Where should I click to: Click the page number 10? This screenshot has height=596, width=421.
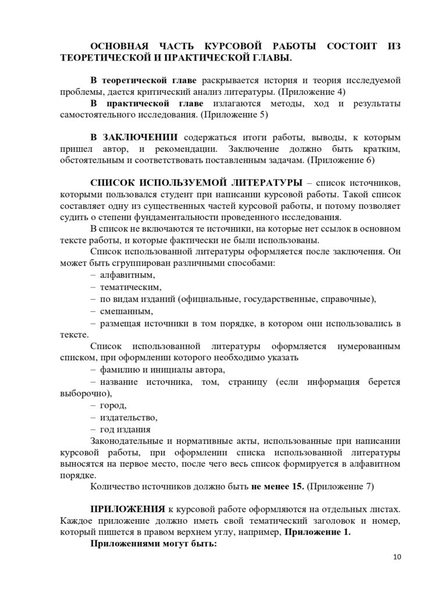(397, 557)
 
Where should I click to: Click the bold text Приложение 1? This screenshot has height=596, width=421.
(317, 532)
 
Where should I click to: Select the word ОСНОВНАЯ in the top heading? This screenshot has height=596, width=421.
(118, 47)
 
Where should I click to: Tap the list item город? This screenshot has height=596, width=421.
(113, 405)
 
